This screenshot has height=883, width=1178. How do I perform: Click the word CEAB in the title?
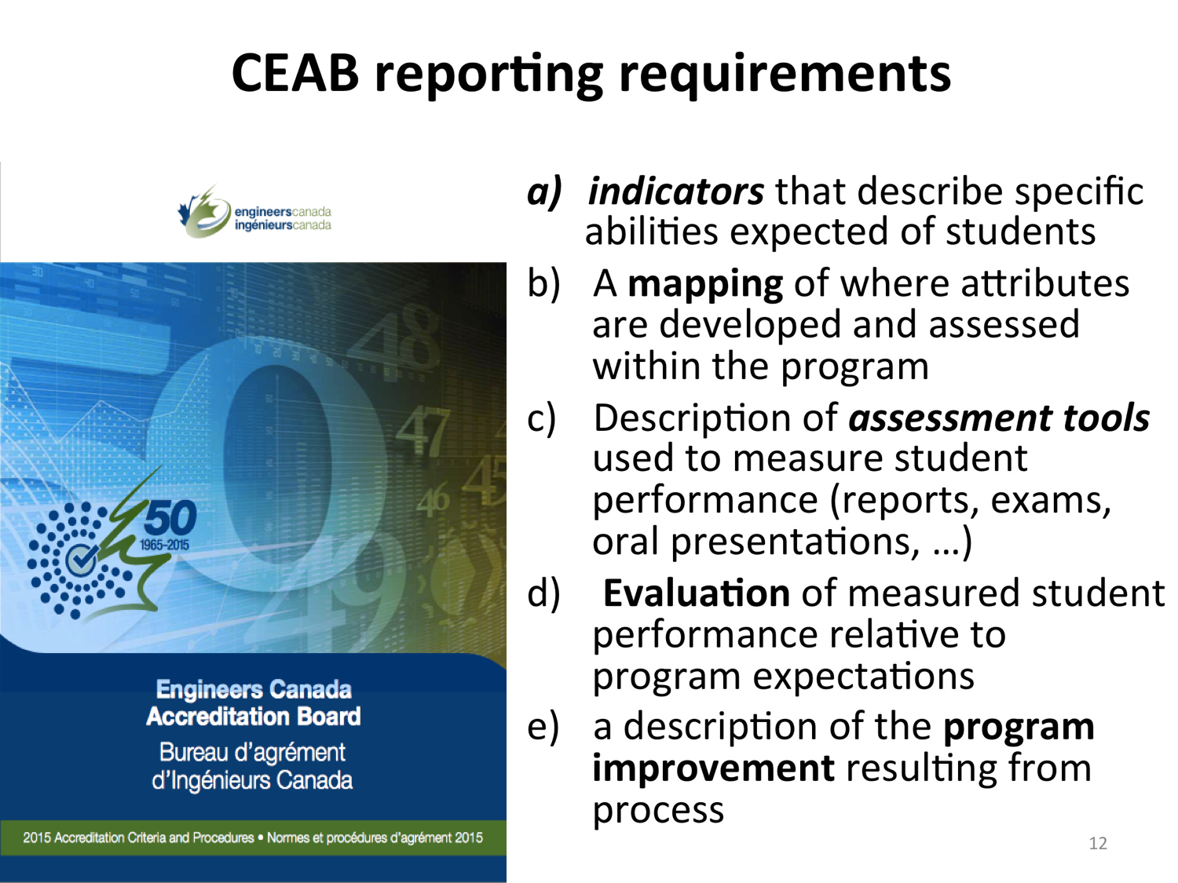click(295, 73)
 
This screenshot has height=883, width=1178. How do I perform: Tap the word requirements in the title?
click(785, 75)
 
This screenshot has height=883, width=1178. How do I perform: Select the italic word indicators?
click(675, 192)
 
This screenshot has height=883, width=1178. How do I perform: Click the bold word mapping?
click(704, 285)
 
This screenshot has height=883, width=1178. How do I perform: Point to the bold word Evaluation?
click(696, 593)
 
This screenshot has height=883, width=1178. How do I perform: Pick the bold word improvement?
click(713, 768)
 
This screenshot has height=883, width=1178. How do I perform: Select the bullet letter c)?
click(541, 418)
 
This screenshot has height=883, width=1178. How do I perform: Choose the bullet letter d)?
click(543, 593)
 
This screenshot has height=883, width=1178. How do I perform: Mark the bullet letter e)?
click(543, 727)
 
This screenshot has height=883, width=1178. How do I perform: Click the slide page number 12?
click(1098, 843)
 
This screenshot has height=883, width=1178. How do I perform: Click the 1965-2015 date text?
click(164, 545)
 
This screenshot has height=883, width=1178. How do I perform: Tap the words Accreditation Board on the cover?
click(254, 717)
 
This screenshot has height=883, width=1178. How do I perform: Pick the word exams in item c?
click(1050, 500)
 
